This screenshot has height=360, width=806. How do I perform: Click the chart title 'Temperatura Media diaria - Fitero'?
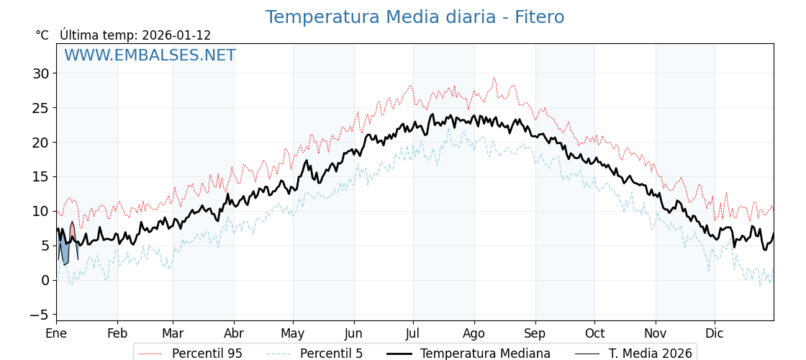(x=415, y=17)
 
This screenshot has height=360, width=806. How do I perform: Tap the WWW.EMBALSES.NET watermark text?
(x=150, y=55)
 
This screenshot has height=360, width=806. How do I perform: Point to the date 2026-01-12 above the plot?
(x=176, y=35)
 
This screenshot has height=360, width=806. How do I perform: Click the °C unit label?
(x=42, y=35)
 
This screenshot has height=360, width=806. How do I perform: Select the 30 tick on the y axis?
(x=40, y=73)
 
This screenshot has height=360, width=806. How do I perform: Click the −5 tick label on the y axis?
(x=37, y=315)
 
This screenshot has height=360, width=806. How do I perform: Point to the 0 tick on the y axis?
(x=45, y=280)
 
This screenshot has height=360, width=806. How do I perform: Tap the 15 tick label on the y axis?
(x=40, y=176)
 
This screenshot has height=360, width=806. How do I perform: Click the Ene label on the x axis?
(x=56, y=333)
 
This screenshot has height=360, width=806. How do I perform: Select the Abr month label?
(x=234, y=333)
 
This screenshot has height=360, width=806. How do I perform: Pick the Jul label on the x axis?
(x=413, y=333)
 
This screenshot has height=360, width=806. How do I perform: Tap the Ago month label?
(x=474, y=333)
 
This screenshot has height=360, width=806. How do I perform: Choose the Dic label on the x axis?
(x=715, y=333)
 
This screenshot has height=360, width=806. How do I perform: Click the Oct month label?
(x=594, y=333)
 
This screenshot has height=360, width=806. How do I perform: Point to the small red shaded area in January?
(x=72, y=232)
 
